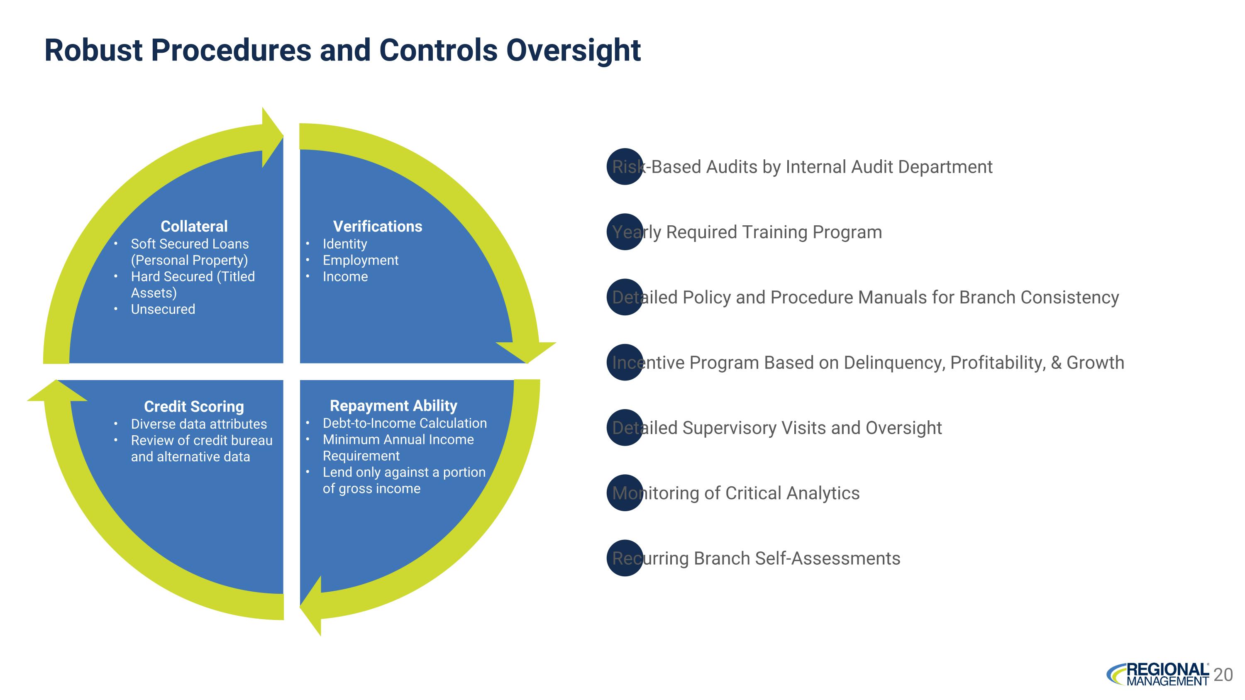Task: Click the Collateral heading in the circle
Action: coord(194,226)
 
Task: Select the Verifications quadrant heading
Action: coord(378,226)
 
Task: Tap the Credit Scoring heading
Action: coord(194,406)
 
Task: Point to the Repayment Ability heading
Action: coord(393,405)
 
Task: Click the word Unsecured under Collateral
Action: coord(163,309)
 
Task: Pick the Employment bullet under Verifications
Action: coord(361,261)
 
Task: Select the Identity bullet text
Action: coord(344,244)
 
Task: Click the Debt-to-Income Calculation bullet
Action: coord(405,423)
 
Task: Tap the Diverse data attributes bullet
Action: coord(199,424)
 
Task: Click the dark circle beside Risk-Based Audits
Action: coord(625,167)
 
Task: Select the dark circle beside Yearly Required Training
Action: coord(625,232)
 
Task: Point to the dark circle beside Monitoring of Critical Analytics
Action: coord(625,493)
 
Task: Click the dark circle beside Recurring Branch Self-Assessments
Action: coord(625,558)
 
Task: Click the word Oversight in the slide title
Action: coord(573,51)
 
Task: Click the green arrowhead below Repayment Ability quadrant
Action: coord(311,606)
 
